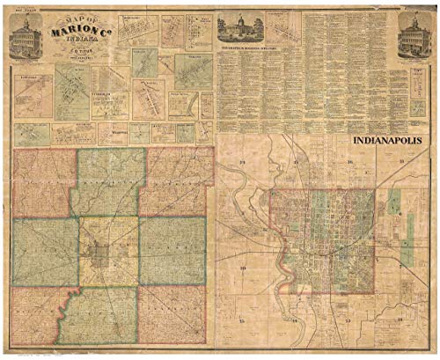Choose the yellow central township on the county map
106,250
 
